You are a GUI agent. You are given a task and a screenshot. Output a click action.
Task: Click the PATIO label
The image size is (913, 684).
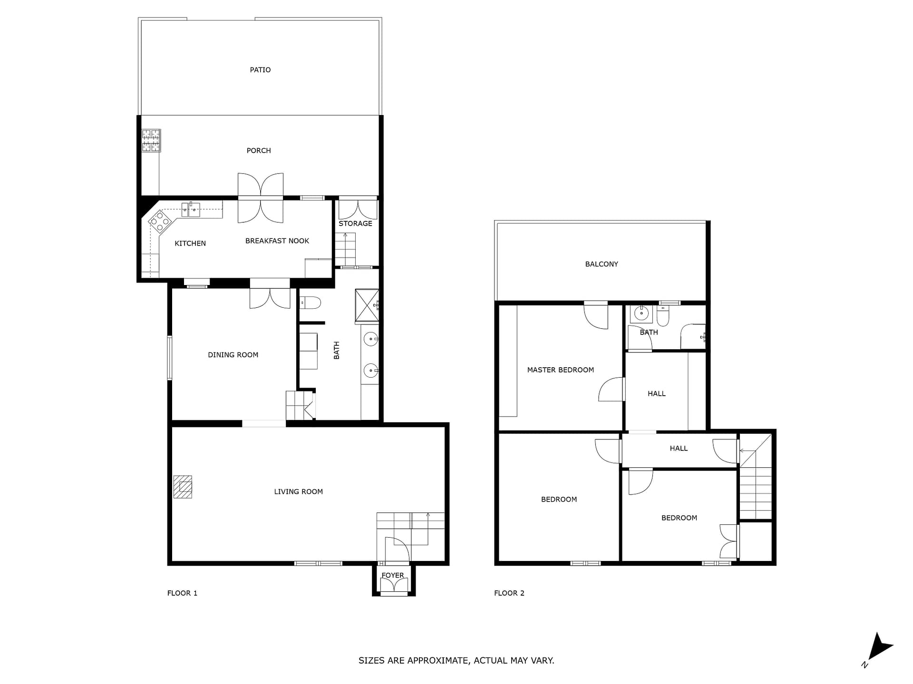[260, 70]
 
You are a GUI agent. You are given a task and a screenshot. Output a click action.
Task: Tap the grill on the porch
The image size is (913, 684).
[151, 141]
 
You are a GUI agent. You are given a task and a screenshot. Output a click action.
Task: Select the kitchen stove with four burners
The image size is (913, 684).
[160, 221]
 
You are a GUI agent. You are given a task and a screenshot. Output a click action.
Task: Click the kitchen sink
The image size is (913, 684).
[191, 209]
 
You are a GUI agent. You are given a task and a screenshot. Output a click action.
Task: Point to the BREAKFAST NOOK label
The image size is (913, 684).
[277, 241]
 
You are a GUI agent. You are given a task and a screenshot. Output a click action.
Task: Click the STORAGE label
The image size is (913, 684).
[355, 223]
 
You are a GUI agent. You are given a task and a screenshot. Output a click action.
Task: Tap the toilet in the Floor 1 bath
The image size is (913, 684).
[310, 302]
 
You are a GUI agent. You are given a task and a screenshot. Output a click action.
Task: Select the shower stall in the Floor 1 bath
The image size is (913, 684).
[367, 306]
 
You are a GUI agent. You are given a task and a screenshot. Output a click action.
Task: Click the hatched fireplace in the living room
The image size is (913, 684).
[183, 487]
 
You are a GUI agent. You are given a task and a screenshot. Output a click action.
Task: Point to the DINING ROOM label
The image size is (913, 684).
[233, 355]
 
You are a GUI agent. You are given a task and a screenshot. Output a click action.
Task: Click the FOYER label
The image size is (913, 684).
[393, 575]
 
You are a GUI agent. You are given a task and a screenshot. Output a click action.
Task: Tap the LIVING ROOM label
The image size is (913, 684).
[298, 492]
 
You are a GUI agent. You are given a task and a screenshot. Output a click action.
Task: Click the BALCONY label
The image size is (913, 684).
[602, 264]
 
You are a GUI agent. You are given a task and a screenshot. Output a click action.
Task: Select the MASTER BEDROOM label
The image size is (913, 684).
[561, 370]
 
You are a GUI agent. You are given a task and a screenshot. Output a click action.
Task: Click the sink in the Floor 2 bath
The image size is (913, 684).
[641, 314]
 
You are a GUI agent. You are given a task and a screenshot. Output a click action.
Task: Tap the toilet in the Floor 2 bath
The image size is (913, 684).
[663, 316]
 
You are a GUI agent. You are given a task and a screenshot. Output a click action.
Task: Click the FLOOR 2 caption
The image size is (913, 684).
[509, 593]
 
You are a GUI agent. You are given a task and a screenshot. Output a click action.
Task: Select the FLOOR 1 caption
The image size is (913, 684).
[182, 593]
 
